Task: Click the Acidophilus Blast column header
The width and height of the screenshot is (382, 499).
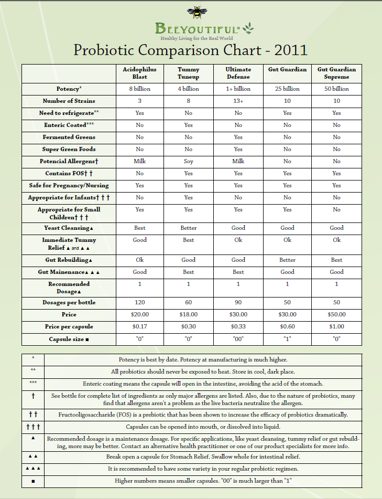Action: [x=139, y=73]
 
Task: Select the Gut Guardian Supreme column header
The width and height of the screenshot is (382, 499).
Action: [x=336, y=73]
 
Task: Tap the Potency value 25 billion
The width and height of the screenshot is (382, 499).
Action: [x=287, y=89]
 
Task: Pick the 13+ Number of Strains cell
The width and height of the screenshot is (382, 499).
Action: [x=238, y=101]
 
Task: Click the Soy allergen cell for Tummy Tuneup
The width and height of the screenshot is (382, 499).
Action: [x=189, y=161]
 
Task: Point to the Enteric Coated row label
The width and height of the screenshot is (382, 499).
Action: [x=69, y=125]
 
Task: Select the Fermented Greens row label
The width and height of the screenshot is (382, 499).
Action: [x=69, y=137]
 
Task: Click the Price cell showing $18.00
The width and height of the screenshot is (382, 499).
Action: [x=189, y=314]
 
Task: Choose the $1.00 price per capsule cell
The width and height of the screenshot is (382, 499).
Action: [x=336, y=326]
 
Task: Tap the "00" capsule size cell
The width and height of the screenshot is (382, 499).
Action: [x=238, y=339]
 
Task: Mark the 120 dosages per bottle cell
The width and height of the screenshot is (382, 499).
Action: [x=139, y=302]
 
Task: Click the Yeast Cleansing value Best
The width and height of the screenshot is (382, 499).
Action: [x=139, y=228]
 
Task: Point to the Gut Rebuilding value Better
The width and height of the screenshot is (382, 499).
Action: [x=287, y=260]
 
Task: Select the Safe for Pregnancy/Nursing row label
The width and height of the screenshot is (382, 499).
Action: [x=69, y=185]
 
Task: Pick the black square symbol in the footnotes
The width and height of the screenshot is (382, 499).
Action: [x=33, y=481]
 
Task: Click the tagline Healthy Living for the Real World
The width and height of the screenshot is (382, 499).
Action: [x=197, y=38]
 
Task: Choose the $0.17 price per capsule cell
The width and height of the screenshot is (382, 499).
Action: [x=139, y=326]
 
